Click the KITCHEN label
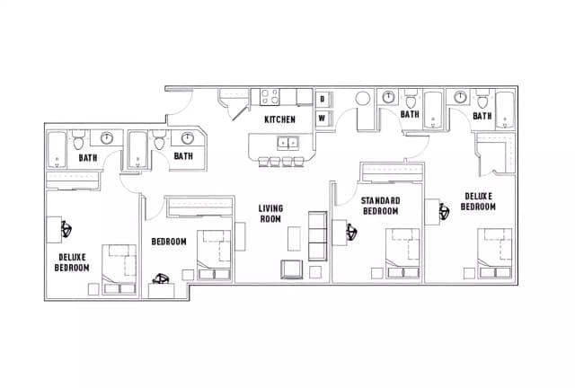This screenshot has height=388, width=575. click(279, 119)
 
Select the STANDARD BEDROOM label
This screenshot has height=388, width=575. click(379, 206)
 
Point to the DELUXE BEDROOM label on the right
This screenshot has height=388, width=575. click(478, 200)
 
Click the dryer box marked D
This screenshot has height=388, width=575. click(322, 99)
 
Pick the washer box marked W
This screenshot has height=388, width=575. click(322, 118)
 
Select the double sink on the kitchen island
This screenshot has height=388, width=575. click(288, 142)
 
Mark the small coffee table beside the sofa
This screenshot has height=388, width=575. click(294, 238)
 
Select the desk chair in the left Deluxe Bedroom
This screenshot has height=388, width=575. click(66, 230)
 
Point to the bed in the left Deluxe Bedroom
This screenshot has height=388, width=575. click(118, 269)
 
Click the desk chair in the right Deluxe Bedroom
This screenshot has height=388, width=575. click(443, 213)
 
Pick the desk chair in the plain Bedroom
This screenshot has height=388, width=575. click(163, 280)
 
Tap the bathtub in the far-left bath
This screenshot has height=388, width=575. click(57, 151)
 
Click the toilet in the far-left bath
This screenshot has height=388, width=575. click(79, 142)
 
